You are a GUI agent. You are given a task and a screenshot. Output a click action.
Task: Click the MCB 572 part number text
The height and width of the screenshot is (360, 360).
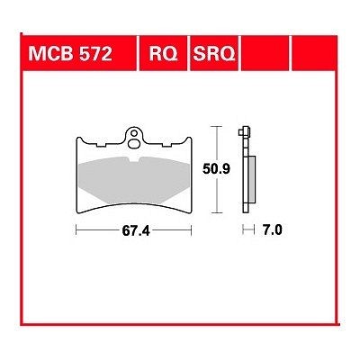click(70, 54)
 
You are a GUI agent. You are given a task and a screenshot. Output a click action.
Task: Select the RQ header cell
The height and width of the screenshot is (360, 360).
click(164, 54)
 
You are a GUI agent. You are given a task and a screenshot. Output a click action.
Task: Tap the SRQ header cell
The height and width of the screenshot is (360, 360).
click(214, 54)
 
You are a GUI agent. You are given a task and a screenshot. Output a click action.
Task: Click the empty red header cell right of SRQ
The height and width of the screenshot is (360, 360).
click(265, 54)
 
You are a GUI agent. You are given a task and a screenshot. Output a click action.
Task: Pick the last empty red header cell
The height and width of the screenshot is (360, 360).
click(315, 54)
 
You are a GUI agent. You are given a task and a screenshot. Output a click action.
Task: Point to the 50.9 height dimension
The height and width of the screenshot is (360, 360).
click(216, 169)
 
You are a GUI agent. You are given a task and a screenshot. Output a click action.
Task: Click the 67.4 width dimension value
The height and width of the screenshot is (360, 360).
click(136, 230)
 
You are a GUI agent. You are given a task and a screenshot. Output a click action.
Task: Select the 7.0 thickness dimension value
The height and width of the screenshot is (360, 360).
click(272, 230)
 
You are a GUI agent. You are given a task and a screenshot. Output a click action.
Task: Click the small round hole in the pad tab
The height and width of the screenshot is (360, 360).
click(134, 132)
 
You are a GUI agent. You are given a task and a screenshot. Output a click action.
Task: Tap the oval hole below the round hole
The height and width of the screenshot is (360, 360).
click(133, 144)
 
